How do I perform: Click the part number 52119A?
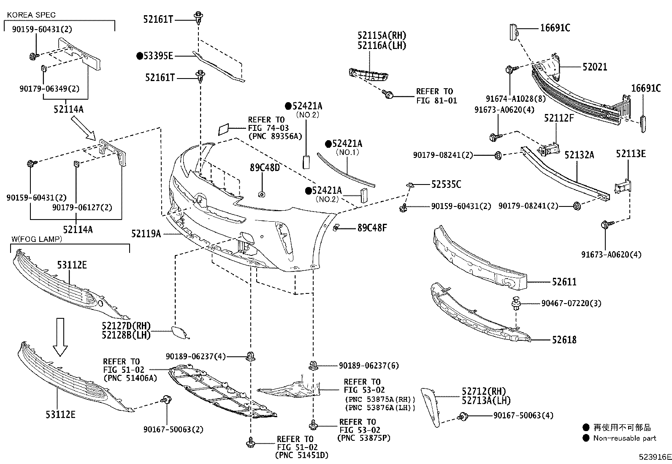point(146,233)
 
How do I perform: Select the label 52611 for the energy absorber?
point(564,282)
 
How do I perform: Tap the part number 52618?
point(564,339)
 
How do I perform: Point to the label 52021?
point(595,67)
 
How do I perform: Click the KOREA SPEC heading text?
point(31,15)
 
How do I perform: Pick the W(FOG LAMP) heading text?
point(37,239)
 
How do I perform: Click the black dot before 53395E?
point(139,56)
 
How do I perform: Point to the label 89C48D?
point(265,168)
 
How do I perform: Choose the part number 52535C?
point(446,184)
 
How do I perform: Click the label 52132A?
point(579,155)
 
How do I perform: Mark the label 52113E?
point(631,154)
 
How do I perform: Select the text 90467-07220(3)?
point(572,303)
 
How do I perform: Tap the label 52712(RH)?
point(483,391)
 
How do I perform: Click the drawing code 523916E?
point(655,457)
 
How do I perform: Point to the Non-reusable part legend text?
point(624,438)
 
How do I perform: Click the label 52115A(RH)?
point(382,35)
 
